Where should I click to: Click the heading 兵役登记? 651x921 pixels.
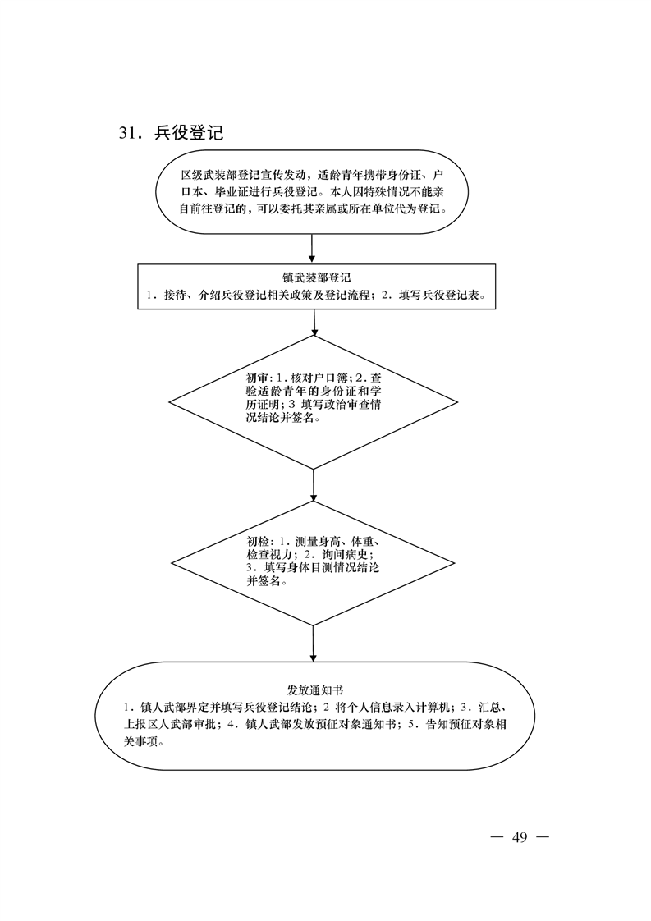coord(189,133)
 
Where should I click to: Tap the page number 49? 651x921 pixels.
coord(520,837)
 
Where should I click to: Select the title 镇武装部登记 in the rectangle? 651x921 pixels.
coord(316,277)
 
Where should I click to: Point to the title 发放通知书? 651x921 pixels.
coord(316,690)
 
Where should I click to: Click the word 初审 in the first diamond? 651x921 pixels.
coord(255,377)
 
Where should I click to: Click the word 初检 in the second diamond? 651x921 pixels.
coord(257,541)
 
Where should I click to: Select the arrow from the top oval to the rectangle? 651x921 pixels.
coord(312,248)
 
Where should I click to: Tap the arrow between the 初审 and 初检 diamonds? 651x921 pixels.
coord(313,485)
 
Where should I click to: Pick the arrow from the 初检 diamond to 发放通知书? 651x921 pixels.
coord(313,644)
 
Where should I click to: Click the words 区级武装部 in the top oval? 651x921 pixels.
coord(209,175)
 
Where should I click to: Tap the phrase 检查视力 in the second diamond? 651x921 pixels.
coord(268,554)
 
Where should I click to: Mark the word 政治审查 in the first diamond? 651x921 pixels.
coord(346,406)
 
